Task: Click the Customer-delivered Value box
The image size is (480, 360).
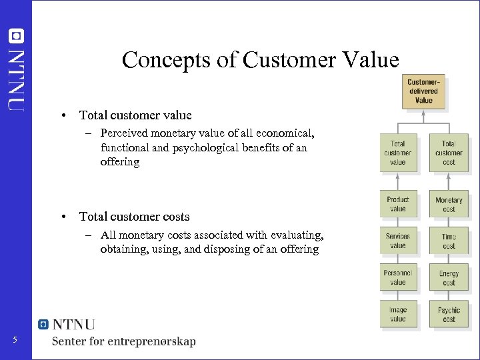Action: click(424, 91)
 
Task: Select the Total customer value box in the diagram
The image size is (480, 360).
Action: click(397, 153)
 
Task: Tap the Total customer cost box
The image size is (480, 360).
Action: click(449, 153)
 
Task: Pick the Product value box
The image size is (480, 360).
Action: click(397, 204)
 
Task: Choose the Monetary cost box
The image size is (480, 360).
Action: click(449, 204)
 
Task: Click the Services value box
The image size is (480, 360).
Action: click(397, 241)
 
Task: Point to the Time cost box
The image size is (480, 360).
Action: click(449, 241)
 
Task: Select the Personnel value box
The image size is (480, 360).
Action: click(397, 277)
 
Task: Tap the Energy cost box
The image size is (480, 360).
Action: click(449, 277)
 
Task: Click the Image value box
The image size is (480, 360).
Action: click(397, 314)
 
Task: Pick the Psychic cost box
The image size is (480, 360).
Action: click(449, 314)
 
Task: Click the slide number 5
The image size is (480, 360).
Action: click(15, 341)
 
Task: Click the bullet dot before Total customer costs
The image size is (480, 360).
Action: click(62, 217)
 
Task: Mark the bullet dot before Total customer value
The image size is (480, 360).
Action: click(62, 115)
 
